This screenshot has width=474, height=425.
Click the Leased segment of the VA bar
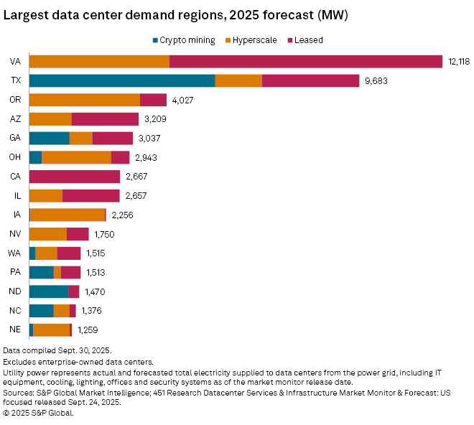click(305, 62)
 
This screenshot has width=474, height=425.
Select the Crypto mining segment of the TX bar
click(122, 80)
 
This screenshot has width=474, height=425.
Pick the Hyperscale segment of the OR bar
click(84, 100)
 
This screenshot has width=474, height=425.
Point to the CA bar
click(74, 177)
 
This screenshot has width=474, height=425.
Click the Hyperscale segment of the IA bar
click(68, 215)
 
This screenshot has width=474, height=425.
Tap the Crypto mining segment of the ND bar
click(49, 291)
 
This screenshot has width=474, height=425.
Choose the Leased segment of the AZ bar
click(105, 119)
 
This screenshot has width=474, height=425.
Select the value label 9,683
click(376, 81)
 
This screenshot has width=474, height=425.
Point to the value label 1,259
click(87, 330)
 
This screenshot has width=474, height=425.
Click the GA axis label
click(14, 138)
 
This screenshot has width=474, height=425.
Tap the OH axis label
click(14, 157)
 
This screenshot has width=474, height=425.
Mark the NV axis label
click(14, 234)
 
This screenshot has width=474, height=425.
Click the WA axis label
click(14, 253)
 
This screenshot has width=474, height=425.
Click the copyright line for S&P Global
click(38, 412)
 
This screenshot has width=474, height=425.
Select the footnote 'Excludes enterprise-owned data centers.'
click(78, 362)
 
